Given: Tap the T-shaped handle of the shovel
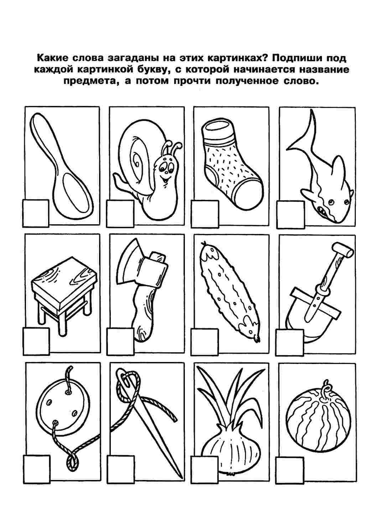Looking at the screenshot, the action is pyautogui.click(x=342, y=250).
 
